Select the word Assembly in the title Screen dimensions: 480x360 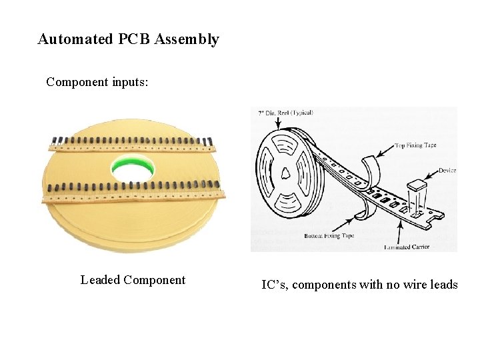coord(187,39)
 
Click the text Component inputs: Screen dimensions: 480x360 coord(97,83)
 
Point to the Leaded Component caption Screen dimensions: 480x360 coord(133,280)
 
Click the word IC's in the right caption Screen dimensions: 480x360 coord(274,285)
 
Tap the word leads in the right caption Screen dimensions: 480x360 coord(441,285)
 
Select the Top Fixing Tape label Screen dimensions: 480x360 coord(415,145)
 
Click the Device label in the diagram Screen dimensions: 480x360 coord(447,171)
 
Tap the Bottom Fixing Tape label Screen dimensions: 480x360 coord(329,236)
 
